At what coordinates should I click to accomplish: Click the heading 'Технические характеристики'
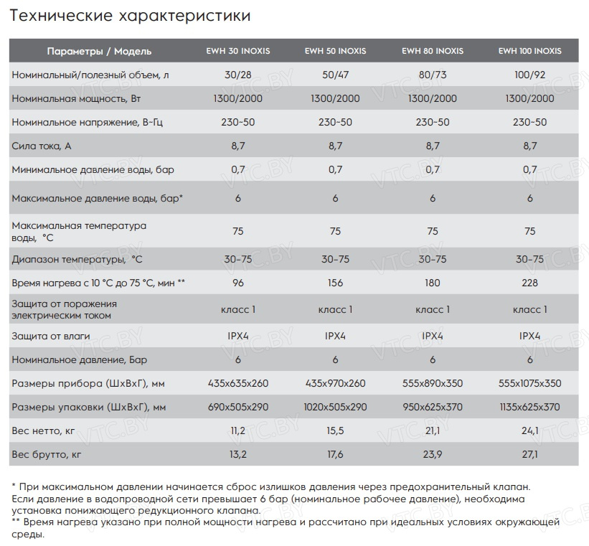click(131, 14)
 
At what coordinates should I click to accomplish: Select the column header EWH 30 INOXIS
click(237, 52)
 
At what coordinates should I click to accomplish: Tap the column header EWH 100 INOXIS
click(529, 52)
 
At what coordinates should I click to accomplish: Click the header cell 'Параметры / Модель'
click(99, 52)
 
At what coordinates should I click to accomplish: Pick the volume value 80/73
click(432, 75)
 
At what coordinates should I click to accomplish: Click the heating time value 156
click(335, 283)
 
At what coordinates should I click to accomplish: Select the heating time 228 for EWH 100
click(529, 283)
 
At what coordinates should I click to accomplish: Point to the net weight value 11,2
click(237, 430)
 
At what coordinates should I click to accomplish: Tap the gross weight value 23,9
click(432, 454)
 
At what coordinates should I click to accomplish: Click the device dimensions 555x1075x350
click(529, 383)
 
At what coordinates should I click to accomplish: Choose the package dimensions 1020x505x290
click(335, 407)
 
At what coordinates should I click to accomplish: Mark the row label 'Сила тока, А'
click(42, 146)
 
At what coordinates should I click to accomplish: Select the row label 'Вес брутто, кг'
click(47, 454)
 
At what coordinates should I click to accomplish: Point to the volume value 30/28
click(237, 75)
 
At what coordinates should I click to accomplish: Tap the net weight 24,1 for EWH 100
click(529, 430)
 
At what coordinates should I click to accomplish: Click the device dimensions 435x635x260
click(237, 383)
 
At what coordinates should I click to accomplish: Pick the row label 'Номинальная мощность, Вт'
click(71, 98)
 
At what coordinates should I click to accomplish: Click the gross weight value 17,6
click(335, 454)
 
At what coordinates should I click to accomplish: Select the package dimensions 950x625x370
click(432, 407)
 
